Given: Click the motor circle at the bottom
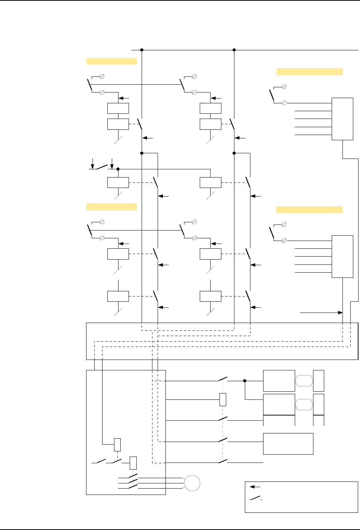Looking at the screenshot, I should (x=192, y=483).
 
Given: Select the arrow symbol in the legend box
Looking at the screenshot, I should (x=255, y=487).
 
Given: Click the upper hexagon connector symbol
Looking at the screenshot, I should (x=304, y=381).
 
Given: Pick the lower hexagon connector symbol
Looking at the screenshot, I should (x=304, y=405).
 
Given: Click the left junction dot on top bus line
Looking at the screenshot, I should (x=142, y=50).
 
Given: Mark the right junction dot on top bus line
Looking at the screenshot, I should (x=234, y=50).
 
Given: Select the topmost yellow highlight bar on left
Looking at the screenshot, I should (x=111, y=61).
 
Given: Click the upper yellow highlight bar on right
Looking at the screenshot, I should (x=309, y=72).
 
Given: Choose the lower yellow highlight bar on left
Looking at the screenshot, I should (x=111, y=207).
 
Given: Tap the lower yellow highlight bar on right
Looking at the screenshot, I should (x=309, y=210).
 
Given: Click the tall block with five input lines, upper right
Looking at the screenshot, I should (x=342, y=119).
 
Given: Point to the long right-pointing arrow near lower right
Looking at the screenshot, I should (x=321, y=313).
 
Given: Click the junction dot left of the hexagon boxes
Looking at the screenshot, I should (x=245, y=381).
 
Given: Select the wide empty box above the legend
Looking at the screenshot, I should (x=288, y=443).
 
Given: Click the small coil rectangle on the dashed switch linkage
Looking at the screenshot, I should (x=223, y=399).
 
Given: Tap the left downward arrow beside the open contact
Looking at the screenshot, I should (x=93, y=163).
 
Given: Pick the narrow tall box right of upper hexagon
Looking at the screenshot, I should (x=319, y=381).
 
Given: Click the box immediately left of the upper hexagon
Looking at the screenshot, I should (x=279, y=381).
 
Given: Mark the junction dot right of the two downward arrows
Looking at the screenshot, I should (x=118, y=169).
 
